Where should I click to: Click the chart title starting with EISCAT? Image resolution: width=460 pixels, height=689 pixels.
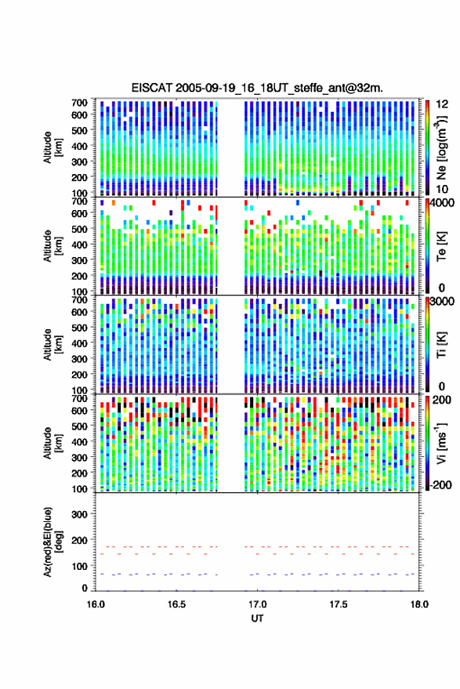258,88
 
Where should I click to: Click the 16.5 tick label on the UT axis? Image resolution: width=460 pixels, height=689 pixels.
176,604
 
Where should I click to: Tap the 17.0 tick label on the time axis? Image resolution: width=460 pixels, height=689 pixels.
258,604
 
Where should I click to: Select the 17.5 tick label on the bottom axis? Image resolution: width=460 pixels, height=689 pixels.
339,604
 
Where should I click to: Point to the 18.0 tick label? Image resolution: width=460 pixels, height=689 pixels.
419,604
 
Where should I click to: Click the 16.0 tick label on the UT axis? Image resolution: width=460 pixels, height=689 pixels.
96,604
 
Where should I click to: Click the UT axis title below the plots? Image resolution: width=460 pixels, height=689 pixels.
257,618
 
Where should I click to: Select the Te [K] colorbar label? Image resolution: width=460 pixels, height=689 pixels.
441,246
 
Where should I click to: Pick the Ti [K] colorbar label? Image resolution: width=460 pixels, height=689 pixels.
441,345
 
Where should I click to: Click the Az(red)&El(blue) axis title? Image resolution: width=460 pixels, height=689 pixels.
53,542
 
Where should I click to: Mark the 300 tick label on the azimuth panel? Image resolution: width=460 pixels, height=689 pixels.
79,514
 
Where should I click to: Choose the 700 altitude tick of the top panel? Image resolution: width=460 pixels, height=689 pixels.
79,103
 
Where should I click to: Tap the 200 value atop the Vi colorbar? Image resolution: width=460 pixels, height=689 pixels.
442,400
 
